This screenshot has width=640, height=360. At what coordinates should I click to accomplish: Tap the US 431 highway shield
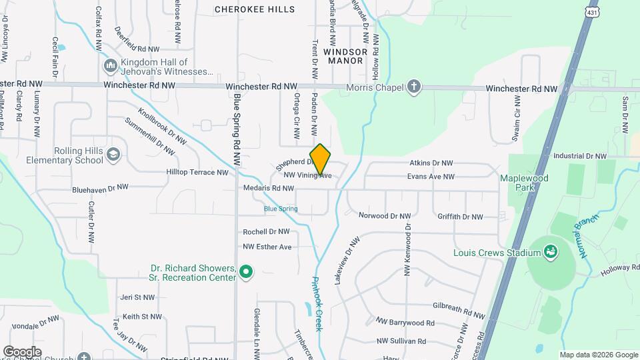point(592,13)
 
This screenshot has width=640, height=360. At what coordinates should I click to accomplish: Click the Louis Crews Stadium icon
point(550,252)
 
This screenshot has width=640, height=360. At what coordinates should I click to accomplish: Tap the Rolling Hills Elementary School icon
point(113,155)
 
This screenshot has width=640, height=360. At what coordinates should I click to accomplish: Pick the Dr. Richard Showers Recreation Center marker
point(245,271)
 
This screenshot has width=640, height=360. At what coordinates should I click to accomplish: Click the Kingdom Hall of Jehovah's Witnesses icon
point(110,66)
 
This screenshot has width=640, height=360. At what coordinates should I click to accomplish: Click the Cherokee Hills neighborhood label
point(255,9)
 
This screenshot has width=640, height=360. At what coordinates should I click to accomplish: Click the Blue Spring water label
point(281,209)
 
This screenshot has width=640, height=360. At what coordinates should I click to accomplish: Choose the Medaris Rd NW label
point(268,189)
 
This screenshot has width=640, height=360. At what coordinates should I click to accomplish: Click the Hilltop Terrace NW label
point(197,172)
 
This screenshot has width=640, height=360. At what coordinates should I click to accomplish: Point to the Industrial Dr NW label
point(580,156)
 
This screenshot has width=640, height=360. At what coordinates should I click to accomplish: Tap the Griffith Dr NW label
point(460,217)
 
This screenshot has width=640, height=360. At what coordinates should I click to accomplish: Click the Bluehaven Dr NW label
point(100,189)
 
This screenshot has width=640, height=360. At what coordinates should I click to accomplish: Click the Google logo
point(22,351)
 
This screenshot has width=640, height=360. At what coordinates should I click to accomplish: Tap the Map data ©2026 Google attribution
point(598,355)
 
